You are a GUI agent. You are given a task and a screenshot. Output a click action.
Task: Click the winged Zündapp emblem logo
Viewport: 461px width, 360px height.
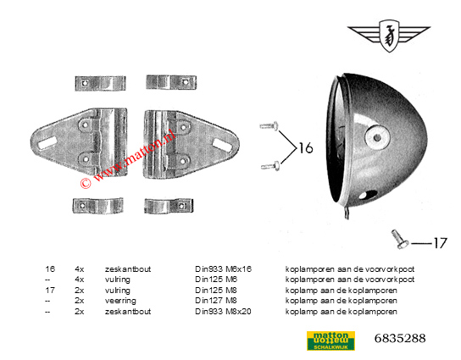[389, 36]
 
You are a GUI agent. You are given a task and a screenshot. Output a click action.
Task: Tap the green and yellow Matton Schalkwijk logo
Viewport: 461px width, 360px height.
[330, 341]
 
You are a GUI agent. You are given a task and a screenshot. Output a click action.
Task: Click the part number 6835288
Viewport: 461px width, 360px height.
[400, 338]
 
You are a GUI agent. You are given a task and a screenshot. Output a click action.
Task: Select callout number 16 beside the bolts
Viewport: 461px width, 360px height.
[306, 148]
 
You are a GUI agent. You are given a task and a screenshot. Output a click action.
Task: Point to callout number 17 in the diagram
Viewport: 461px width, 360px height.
[440, 243]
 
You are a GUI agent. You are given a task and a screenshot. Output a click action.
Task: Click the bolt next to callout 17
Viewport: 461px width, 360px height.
[399, 239]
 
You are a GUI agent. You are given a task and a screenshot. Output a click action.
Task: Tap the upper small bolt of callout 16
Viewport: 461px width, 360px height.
[269, 125]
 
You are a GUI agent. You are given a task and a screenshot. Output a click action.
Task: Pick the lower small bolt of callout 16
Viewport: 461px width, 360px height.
[270, 166]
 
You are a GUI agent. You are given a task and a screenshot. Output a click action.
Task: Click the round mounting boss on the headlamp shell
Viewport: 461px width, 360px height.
[377, 137]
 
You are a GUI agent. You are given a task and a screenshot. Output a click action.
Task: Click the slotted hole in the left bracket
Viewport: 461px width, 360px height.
[47, 142]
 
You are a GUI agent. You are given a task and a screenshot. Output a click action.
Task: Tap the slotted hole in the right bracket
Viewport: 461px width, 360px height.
[222, 144]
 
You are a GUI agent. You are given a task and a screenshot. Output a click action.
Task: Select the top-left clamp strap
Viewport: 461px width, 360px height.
[100, 84]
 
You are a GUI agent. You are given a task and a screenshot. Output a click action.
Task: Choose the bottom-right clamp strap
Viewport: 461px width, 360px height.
[169, 206]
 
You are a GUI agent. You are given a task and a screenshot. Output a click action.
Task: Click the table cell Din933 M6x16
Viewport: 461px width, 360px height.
[224, 269]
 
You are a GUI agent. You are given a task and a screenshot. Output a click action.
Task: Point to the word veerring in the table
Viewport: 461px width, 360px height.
[120, 301]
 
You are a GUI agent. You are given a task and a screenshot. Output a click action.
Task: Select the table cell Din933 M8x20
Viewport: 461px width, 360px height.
[223, 311]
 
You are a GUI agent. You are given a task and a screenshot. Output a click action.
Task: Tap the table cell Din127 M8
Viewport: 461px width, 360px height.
[216, 301]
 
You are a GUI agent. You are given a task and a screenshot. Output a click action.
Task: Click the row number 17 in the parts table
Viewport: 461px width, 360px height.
[50, 290]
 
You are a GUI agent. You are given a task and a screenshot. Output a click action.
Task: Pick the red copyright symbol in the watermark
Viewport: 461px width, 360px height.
[86, 183]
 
